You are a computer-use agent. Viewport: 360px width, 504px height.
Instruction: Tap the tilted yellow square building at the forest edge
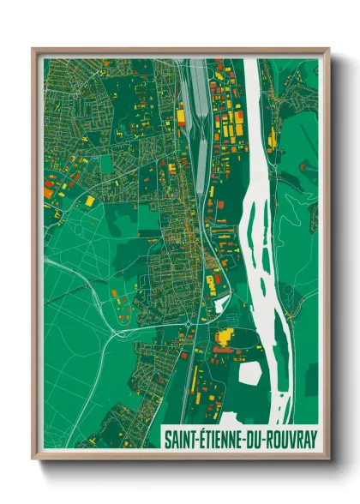coord(89,201)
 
